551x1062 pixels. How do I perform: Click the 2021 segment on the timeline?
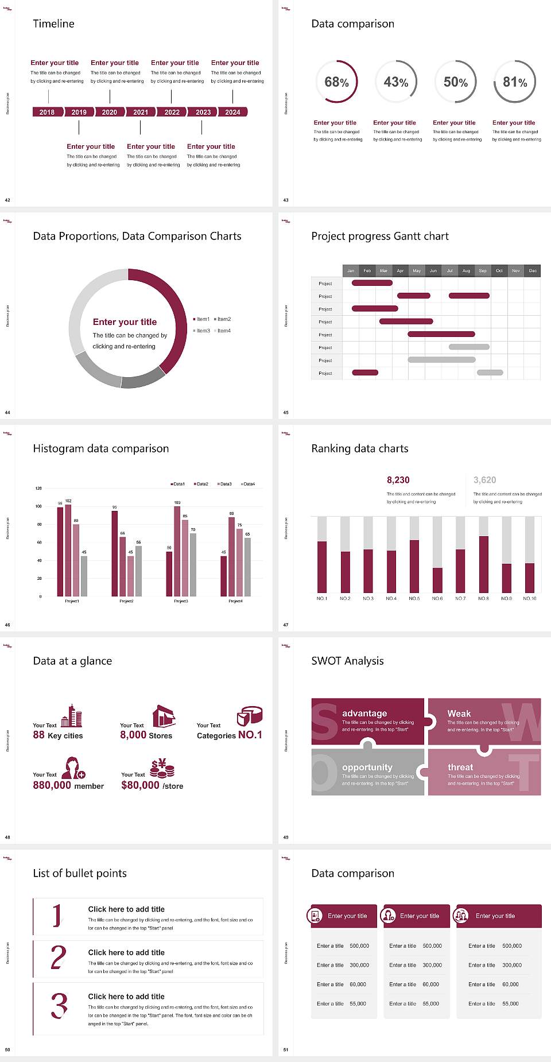pyautogui.click(x=141, y=113)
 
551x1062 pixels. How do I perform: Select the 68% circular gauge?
pyautogui.click(x=337, y=82)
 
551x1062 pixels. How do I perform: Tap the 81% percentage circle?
pyautogui.click(x=515, y=82)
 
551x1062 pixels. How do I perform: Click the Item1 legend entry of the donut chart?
pyautogui.click(x=202, y=319)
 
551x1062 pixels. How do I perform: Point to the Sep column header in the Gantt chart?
pyautogui.click(x=483, y=270)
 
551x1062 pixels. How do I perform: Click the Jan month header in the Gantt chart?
pyautogui.click(x=351, y=270)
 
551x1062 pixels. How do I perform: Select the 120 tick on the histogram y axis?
pyautogui.click(x=38, y=489)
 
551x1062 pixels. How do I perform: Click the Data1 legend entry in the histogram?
pyautogui.click(x=178, y=484)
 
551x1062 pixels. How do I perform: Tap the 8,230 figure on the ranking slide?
pyautogui.click(x=398, y=480)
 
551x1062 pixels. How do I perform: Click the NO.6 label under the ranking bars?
pyautogui.click(x=437, y=598)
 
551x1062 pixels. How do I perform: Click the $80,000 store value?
pyautogui.click(x=141, y=785)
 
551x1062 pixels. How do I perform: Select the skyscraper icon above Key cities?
pyautogui.click(x=72, y=716)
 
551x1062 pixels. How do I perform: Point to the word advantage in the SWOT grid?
pyautogui.click(x=364, y=713)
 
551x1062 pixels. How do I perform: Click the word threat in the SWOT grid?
pyautogui.click(x=460, y=767)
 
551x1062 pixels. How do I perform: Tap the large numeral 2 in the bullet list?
pyautogui.click(x=58, y=958)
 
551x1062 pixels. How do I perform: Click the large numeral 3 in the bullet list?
pyautogui.click(x=59, y=1006)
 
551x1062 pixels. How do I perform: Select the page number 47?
pyautogui.click(x=286, y=625)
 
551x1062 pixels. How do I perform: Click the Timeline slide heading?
pyautogui.click(x=53, y=24)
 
